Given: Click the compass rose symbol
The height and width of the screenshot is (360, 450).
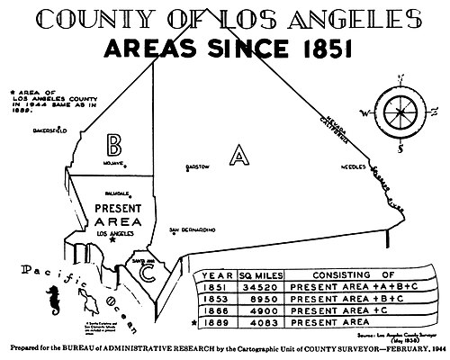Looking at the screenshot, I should [398, 112].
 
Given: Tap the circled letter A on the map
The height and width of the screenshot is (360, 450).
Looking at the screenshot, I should [237, 157].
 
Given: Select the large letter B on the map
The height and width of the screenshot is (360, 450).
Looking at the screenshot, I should [114, 145].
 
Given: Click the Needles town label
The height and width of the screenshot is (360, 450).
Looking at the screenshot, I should [346, 166].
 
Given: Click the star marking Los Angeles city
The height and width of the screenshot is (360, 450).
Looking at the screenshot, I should [112, 240].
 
